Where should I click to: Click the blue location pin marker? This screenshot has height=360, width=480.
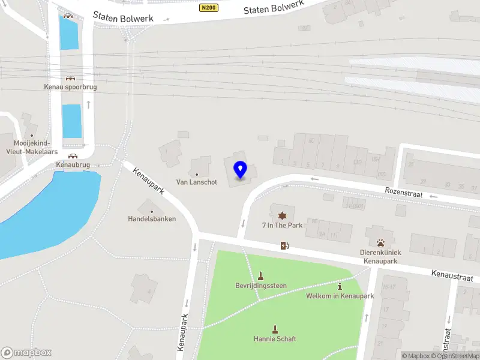pos(241,170)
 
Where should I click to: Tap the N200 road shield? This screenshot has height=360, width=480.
pos(208,8)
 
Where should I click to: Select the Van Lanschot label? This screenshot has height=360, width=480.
pos(196,182)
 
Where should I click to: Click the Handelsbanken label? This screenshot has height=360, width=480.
pos(152,219)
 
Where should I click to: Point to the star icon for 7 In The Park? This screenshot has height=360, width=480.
pos(282,215)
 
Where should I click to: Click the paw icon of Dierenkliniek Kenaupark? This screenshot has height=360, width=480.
pos(380,242)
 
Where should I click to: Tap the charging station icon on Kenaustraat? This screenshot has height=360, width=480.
pos(284,245)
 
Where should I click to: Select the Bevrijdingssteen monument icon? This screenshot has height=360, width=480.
pos(260,276)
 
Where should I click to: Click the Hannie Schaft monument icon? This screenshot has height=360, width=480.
pos(275,329)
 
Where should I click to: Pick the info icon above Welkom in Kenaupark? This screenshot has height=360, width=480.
pos(340,287)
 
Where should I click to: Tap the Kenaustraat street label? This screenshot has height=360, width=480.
pos(452,276)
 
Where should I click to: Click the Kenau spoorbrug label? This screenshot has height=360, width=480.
pos(70,87)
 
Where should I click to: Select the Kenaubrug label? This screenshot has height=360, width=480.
pos(73,164)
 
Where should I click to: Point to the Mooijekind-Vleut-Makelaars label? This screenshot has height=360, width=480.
pos(32,148)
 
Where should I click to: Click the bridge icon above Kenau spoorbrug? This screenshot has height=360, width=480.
pos(70,78)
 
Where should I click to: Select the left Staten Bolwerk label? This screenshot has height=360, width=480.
pos(124,16)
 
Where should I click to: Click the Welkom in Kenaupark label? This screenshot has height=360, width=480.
pos(340,296)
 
